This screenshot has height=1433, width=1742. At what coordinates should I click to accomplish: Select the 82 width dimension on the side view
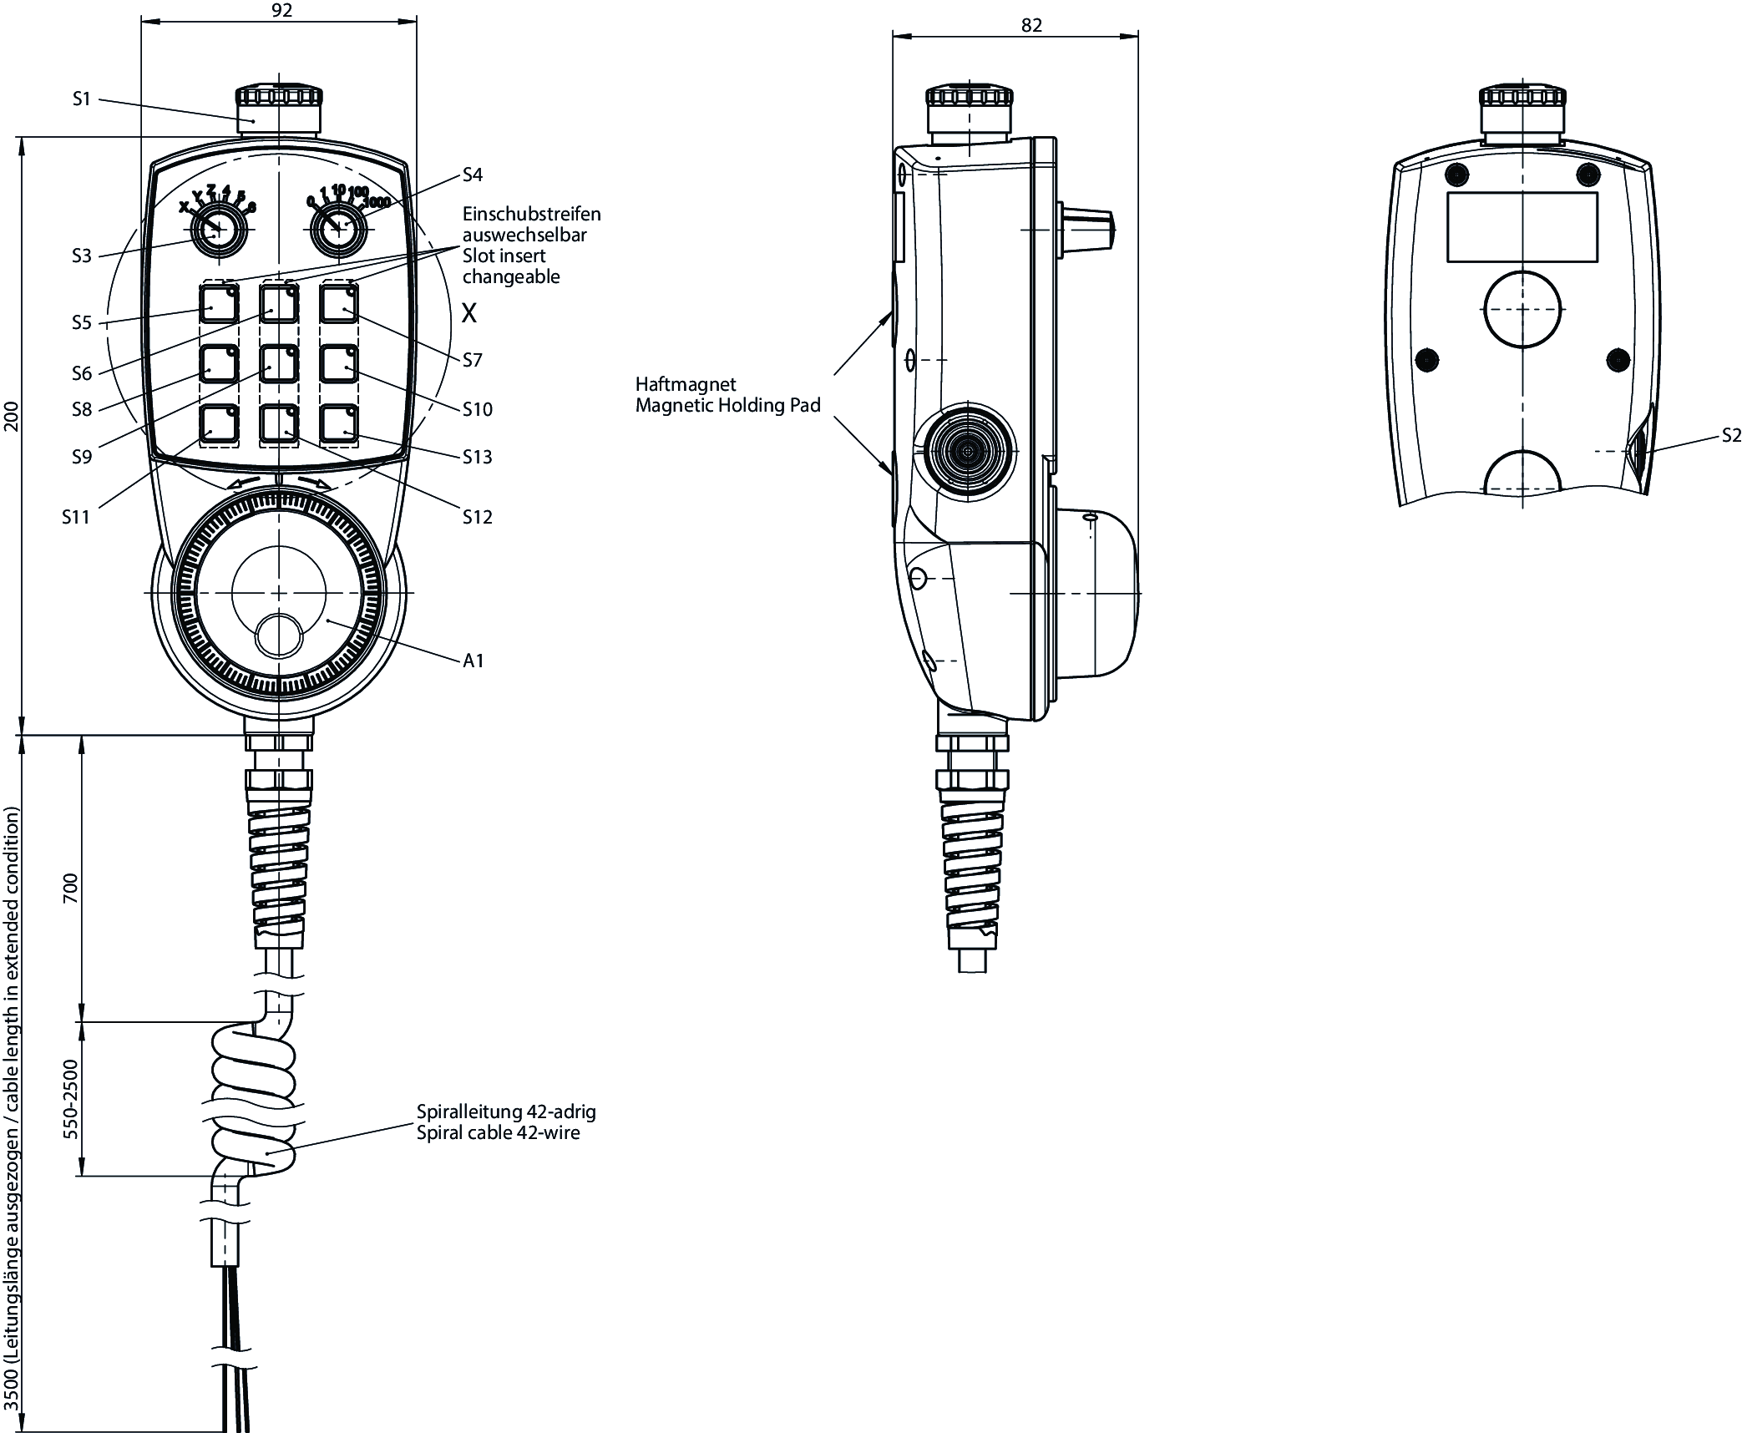pos(1031,26)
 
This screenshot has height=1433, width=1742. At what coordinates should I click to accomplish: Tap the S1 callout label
pos(81,99)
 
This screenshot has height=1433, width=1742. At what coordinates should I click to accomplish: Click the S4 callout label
pos(473,175)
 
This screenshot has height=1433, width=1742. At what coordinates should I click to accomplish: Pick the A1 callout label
pos(473,661)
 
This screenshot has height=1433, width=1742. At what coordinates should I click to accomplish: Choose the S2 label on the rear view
pos(1731,435)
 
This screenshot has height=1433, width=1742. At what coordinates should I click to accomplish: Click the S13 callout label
pos(478,457)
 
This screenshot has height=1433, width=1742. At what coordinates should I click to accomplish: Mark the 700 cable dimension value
pos(70,887)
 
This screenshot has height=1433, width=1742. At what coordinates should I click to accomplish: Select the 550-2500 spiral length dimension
pos(70,1099)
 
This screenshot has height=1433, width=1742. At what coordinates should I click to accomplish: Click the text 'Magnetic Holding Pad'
pos(727,406)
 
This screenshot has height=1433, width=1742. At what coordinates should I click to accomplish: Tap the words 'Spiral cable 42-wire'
pos(498,1133)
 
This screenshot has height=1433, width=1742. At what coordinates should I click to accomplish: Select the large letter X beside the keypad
pos(469,314)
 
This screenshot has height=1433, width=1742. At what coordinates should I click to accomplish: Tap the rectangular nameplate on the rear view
pos(1522,227)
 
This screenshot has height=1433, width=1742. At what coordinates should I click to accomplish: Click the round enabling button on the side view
pos(967,452)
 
